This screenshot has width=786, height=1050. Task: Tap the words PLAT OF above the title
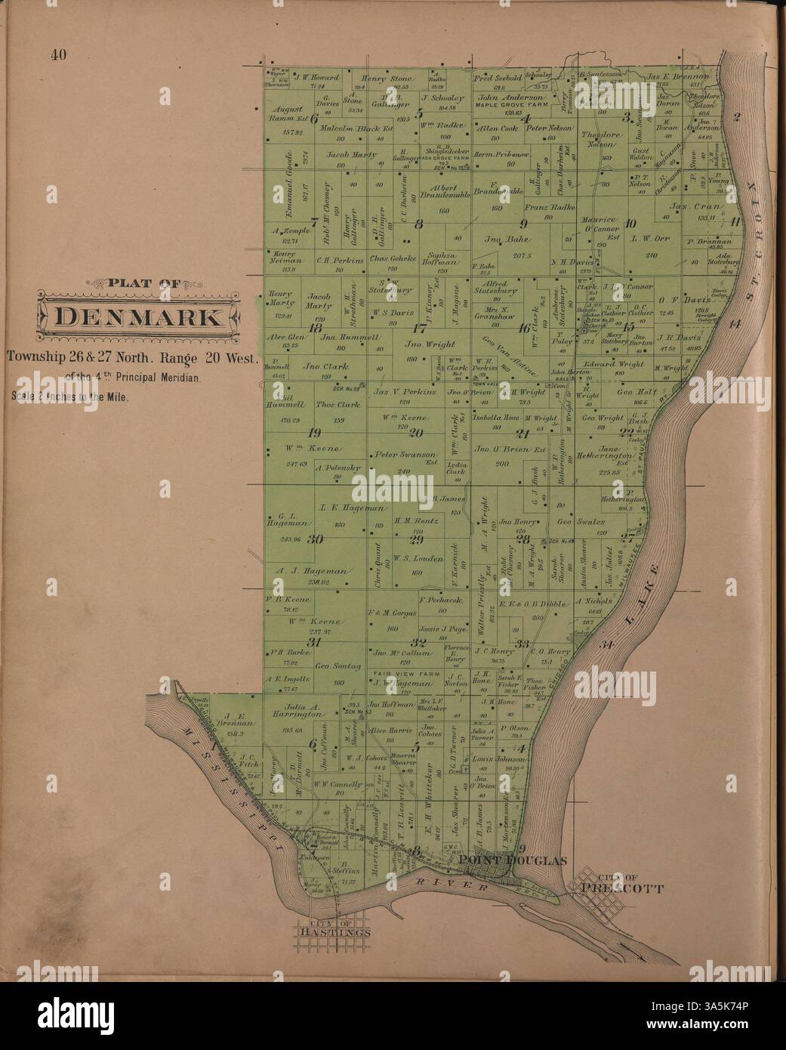[143, 284]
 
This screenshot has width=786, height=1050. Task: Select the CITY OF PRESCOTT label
[621, 884]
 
